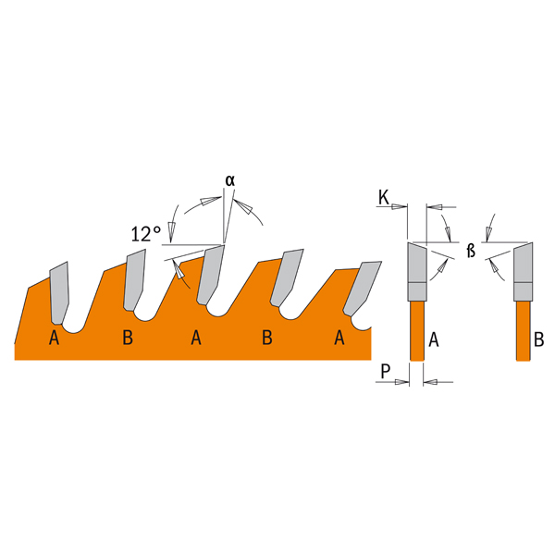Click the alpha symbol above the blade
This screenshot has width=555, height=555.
(x=230, y=181)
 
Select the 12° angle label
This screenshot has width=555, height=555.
(x=146, y=234)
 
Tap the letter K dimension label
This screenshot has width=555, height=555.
(x=384, y=198)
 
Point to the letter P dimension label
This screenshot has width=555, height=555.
(x=386, y=371)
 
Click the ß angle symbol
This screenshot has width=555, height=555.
(x=471, y=251)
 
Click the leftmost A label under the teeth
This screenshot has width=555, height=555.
(x=54, y=338)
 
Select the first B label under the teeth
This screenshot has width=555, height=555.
(x=128, y=338)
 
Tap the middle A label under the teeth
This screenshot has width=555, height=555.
(x=196, y=338)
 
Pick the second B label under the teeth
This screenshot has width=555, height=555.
(x=267, y=338)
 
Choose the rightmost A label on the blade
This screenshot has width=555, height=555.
(x=339, y=338)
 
